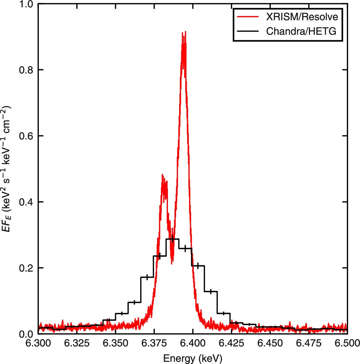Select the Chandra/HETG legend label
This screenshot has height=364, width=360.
(301, 31)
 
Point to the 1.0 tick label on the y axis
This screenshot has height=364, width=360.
(26, 4)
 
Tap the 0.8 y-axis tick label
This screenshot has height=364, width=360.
(26, 70)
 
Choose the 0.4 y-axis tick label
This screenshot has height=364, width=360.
(26, 202)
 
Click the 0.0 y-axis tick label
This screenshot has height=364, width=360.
(26, 334)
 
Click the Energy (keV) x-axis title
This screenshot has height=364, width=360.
(192, 358)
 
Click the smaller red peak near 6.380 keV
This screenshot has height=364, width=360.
(163, 175)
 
